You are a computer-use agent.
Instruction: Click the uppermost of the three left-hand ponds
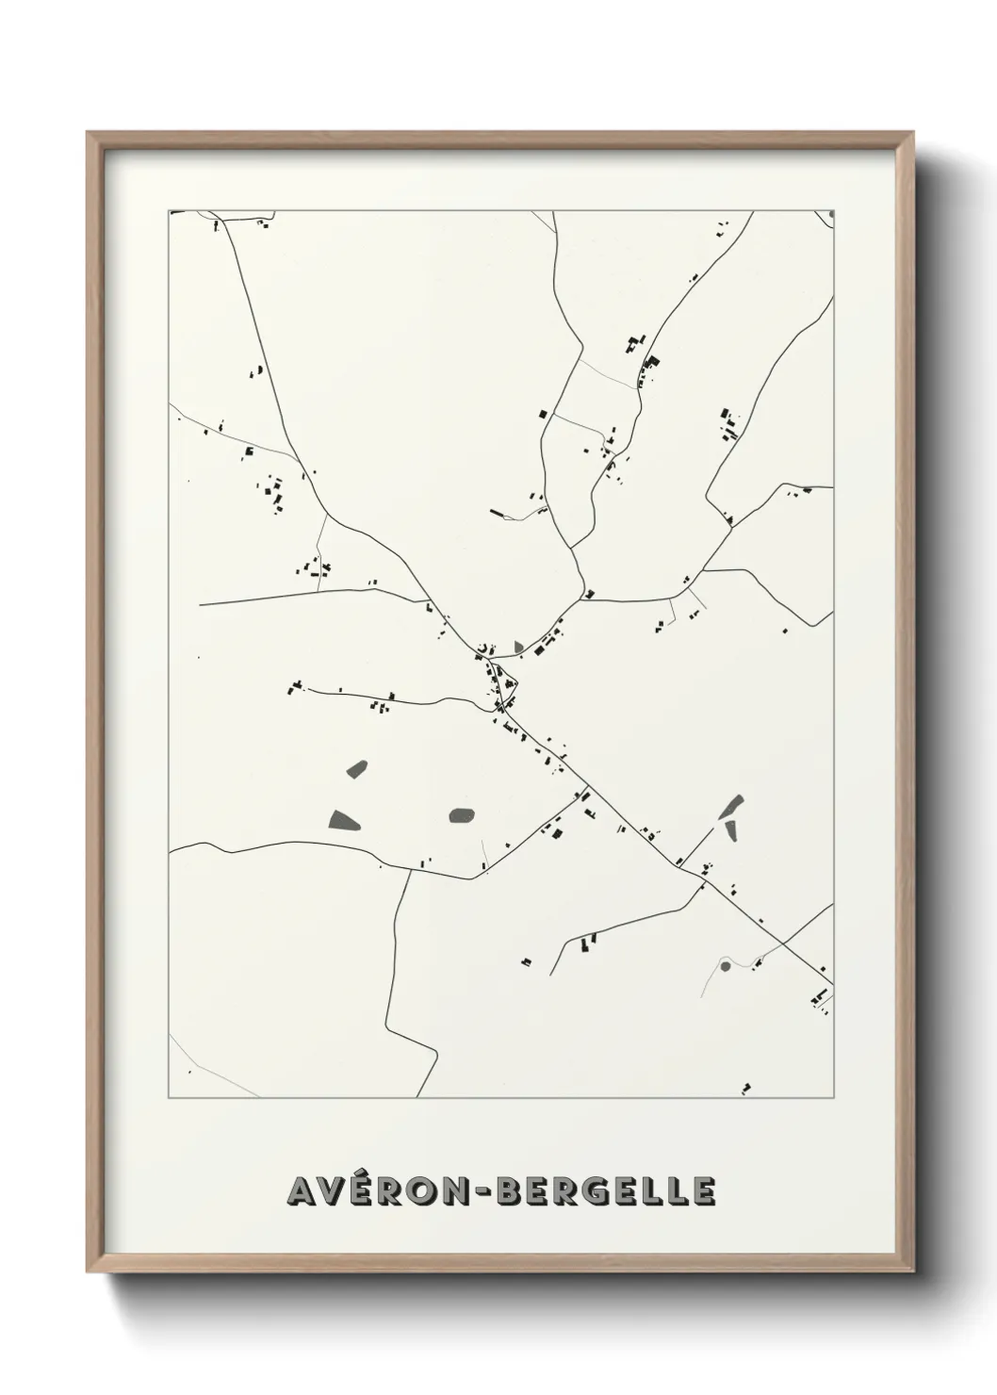point(357,768)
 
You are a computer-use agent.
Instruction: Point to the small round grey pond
point(725,965)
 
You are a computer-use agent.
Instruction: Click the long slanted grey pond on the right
point(731,807)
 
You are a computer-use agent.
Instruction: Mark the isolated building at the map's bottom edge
point(746,1089)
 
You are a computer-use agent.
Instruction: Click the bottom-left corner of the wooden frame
point(89,1271)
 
